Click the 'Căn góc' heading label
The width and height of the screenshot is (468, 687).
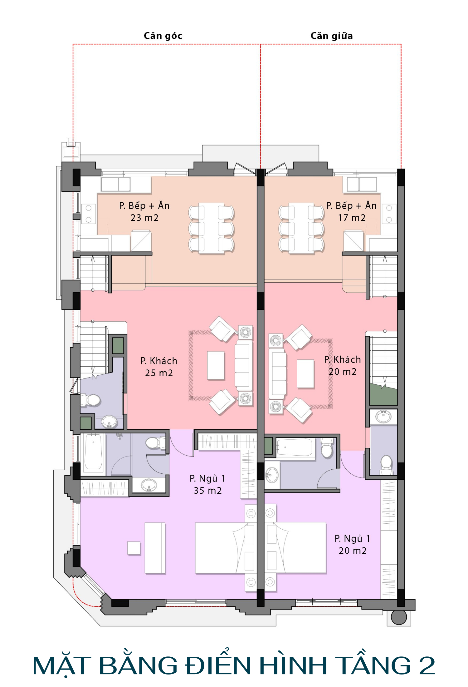(163, 36)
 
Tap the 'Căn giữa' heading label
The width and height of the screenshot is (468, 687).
(332, 36)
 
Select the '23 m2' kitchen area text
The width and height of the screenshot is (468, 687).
(144, 218)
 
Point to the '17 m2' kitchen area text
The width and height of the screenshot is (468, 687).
(352, 218)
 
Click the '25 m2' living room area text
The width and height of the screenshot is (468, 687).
(159, 373)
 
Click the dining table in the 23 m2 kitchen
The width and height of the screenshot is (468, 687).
(212, 228)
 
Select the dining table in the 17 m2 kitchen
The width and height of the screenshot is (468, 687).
(301, 228)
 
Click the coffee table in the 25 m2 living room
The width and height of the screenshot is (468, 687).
(216, 366)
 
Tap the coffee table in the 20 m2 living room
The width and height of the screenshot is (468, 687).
(305, 374)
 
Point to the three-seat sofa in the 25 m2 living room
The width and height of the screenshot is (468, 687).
(244, 365)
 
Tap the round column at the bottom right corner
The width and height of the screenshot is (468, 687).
(399, 617)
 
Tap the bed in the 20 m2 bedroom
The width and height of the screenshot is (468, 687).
(295, 548)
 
